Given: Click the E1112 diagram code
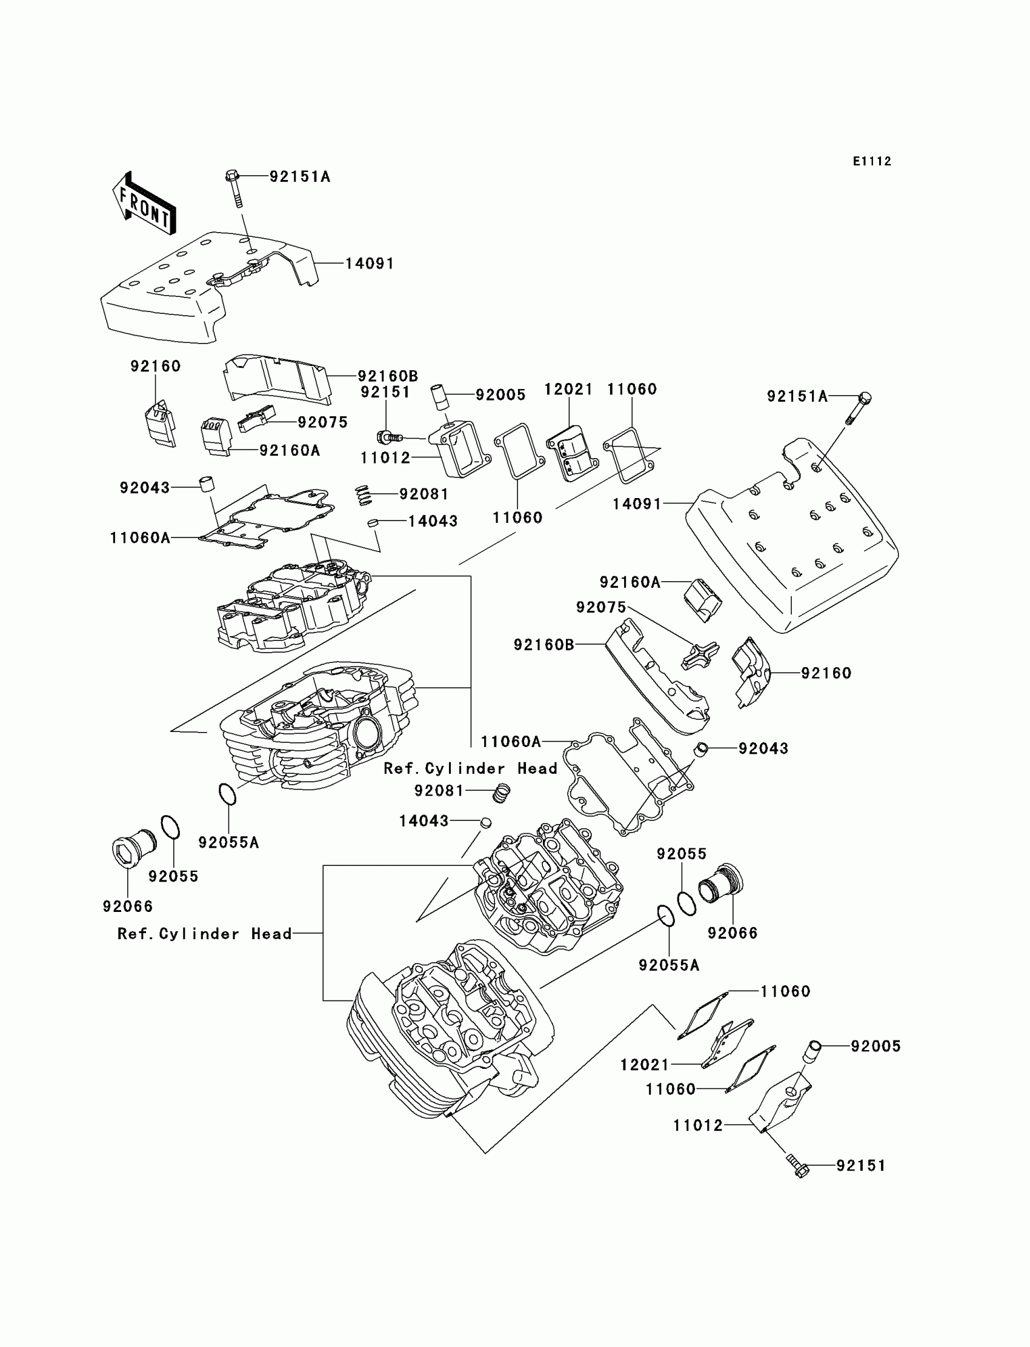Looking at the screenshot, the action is (x=872, y=161).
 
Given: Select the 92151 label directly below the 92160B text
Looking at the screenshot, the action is (x=385, y=392).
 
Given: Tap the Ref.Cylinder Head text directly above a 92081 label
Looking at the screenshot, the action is (x=470, y=768).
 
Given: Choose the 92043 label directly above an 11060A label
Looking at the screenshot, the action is (x=145, y=487).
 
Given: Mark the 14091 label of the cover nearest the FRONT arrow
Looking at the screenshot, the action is (x=370, y=263).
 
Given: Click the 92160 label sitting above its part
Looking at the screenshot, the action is (x=156, y=366).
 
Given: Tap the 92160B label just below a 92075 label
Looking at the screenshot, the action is (x=545, y=644).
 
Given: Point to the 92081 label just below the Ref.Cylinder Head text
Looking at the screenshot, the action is (x=439, y=790).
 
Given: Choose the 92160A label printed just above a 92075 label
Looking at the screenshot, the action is (x=630, y=582).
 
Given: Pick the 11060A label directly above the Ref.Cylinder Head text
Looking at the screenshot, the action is (x=511, y=741).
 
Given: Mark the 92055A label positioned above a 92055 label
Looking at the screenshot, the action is (x=228, y=842).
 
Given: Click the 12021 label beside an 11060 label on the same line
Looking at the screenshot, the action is (x=569, y=390).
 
